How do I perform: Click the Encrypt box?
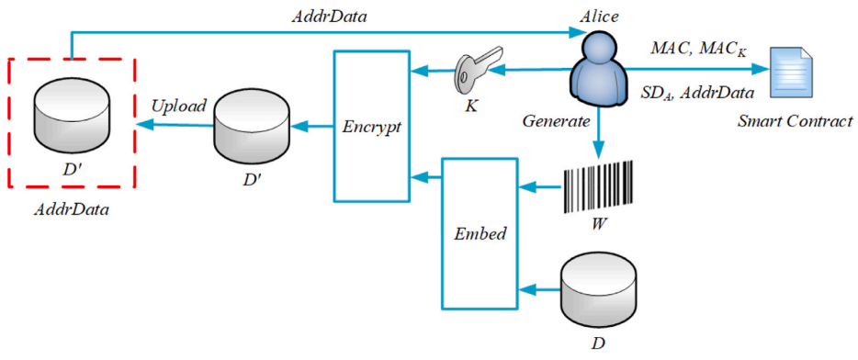point(371,126)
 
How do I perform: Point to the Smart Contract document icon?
point(791,71)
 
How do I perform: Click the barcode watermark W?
point(597,186)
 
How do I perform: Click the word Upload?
point(179,106)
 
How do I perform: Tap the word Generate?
point(556,121)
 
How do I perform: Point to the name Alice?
point(599,17)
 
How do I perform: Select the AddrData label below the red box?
point(72,209)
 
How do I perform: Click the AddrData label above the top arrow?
point(328,17)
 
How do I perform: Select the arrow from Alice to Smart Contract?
point(697,70)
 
